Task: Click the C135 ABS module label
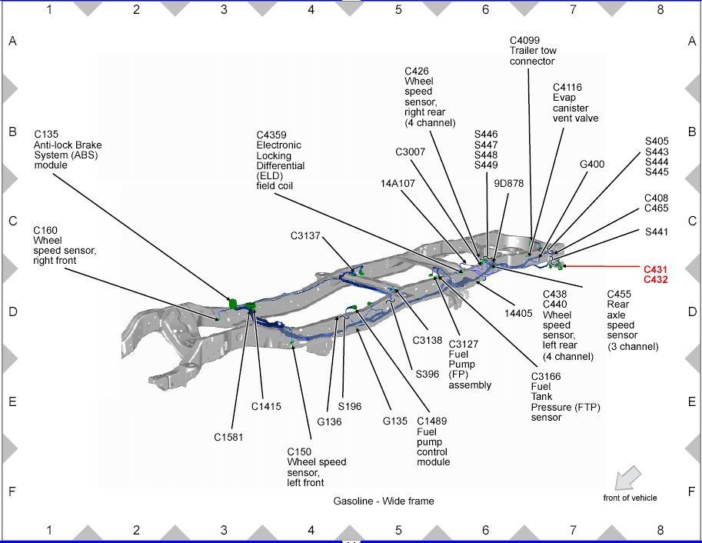pyautogui.click(x=68, y=149)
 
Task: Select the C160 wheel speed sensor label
pyautogui.click(x=65, y=245)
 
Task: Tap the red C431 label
pyautogui.click(x=655, y=270)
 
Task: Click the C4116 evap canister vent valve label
pyautogui.click(x=575, y=103)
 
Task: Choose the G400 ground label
pyautogui.click(x=592, y=164)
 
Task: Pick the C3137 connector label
pyautogui.click(x=305, y=236)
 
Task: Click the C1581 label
pyautogui.click(x=228, y=437)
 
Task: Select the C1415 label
pyautogui.click(x=266, y=406)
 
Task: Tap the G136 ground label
pyautogui.click(x=329, y=421)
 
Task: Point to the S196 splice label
pyautogui.click(x=349, y=406)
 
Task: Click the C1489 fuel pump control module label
pyautogui.click(x=434, y=441)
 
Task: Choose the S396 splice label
pyautogui.click(x=427, y=375)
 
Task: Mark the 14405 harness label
pyautogui.click(x=518, y=313)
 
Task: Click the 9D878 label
pyautogui.click(x=508, y=183)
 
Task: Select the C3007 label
pyautogui.click(x=410, y=152)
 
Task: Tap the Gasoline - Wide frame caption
pyautogui.click(x=383, y=501)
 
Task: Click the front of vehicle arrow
pyautogui.click(x=628, y=478)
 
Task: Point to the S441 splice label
pyautogui.click(x=656, y=232)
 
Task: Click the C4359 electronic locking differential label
pyautogui.click(x=281, y=160)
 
